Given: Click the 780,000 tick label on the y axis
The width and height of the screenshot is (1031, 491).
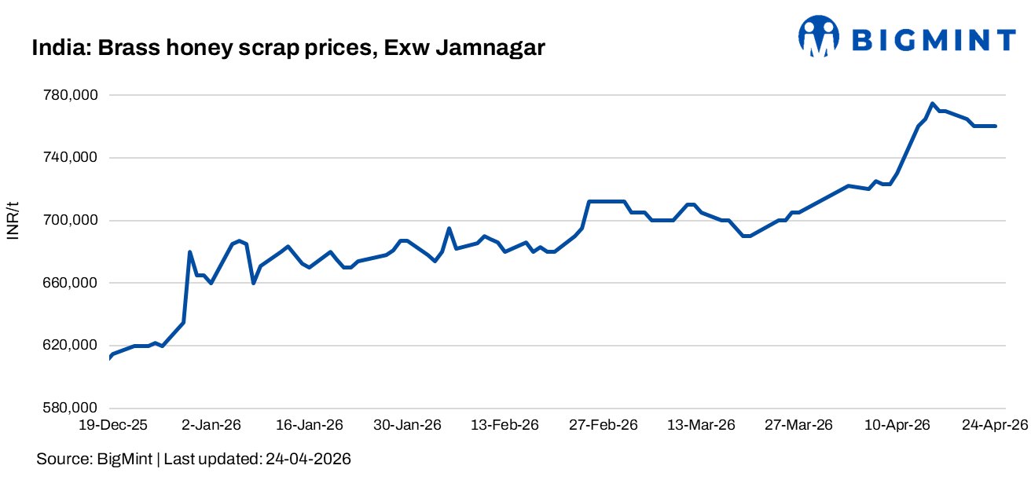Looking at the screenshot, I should [69, 95].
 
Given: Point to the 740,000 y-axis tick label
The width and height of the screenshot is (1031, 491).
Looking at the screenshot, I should [69, 158].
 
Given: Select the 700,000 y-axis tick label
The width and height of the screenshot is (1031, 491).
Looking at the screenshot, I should [69, 221].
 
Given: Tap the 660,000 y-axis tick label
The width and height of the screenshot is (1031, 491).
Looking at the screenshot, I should [69, 283].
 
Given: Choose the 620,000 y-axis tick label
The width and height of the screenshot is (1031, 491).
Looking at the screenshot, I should [69, 346].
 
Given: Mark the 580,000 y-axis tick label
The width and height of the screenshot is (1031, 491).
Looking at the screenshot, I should [69, 409].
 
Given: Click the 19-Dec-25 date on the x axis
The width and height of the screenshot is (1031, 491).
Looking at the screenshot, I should [110, 425].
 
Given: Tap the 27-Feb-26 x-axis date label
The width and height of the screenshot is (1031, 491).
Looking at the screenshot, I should [604, 425].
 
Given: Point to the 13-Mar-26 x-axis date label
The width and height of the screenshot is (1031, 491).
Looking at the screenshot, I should [701, 425].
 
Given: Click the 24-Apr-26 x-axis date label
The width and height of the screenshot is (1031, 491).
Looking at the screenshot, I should [994, 425].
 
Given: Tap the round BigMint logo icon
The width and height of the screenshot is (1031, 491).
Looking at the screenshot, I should [820, 37].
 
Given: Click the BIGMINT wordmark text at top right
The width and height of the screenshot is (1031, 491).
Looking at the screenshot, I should [934, 39].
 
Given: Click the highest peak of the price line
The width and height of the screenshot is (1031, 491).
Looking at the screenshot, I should [932, 104].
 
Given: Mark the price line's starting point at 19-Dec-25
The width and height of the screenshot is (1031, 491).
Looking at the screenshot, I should [110, 357].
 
